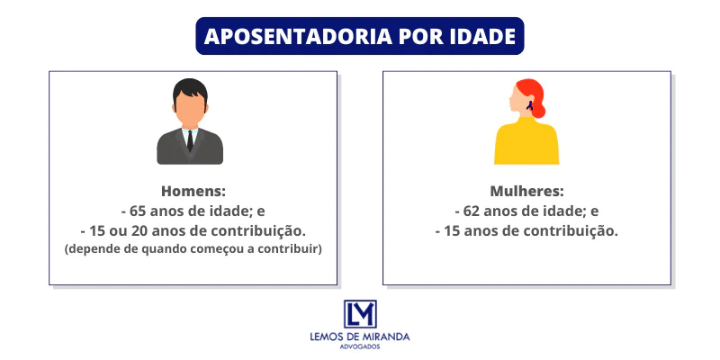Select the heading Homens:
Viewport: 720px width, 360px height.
tap(193, 192)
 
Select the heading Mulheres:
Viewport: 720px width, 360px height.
tap(526, 192)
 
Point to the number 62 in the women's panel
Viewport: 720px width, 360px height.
tap(473, 211)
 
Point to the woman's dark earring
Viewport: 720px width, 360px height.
tap(531, 106)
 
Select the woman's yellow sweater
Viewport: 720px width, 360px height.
tap(526, 144)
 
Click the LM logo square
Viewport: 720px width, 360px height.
tap(360, 314)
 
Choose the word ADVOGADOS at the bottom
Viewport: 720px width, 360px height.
tap(360, 346)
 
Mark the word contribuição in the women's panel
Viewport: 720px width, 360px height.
tap(573, 230)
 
